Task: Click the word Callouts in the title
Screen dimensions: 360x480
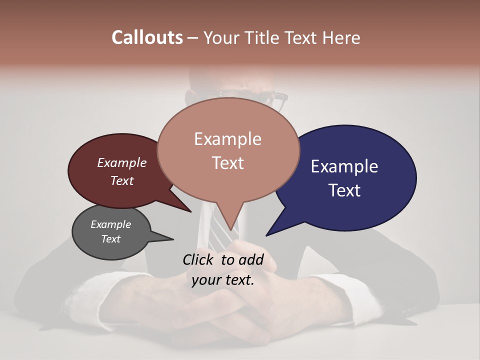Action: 147,37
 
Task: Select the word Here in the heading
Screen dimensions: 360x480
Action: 342,37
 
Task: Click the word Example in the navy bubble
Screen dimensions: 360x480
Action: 344,166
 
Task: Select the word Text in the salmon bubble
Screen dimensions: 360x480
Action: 228,163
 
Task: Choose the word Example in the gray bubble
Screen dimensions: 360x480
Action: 110,224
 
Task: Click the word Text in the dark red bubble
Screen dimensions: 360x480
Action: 122,180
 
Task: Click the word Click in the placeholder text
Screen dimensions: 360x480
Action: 199,259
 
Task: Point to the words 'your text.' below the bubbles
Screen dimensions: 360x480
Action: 223,280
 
